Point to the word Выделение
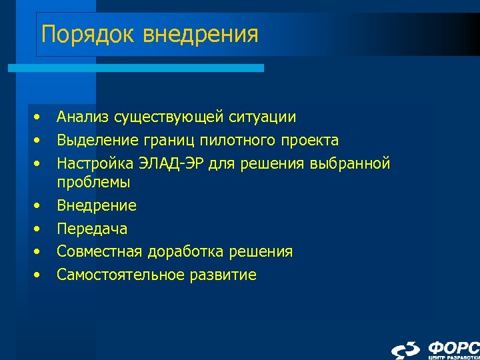tap(96, 141)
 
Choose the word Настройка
tap(96, 163)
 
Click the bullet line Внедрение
tap(97, 205)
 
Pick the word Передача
tap(92, 229)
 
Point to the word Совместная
tap(101, 251)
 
